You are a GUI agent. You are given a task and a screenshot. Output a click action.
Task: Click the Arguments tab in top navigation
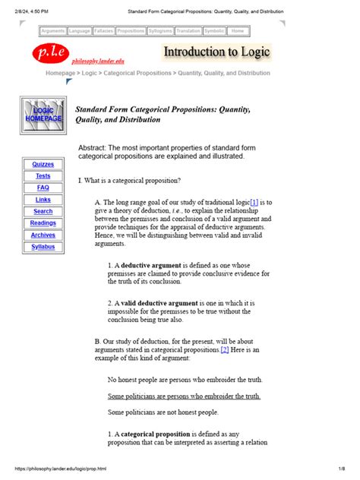tap(52, 31)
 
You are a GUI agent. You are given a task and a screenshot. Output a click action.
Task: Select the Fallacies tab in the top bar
tap(104, 31)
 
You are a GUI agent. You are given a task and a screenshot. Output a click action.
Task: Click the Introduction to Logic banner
tap(216, 52)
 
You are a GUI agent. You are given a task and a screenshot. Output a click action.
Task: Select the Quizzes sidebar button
tap(43, 164)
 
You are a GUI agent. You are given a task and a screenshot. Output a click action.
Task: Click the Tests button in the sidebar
tap(43, 175)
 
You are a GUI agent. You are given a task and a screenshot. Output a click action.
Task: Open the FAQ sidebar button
tap(43, 188)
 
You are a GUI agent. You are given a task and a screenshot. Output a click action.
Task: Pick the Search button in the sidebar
tap(43, 211)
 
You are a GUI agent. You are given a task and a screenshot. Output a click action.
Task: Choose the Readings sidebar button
tap(43, 223)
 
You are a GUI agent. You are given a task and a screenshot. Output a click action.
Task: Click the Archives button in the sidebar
tap(43, 235)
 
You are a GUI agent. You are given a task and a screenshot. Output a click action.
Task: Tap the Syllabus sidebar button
tap(43, 247)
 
